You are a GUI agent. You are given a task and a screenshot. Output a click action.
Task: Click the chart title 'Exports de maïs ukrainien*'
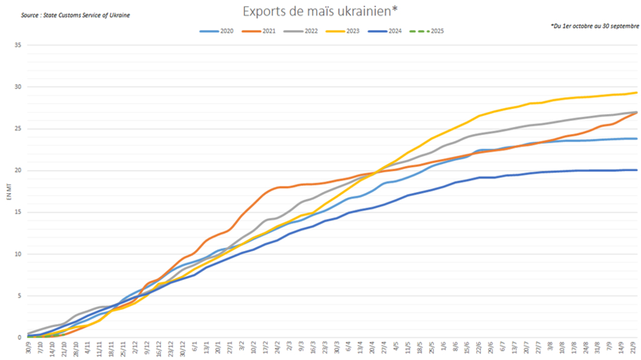(319, 12)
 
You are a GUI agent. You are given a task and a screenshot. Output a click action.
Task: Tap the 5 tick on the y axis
(19, 296)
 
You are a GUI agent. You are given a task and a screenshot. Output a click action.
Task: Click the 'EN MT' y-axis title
(8, 193)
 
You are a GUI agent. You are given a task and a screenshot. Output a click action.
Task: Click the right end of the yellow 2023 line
(637, 92)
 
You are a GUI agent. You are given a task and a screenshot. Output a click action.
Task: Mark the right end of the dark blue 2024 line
(637, 170)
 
